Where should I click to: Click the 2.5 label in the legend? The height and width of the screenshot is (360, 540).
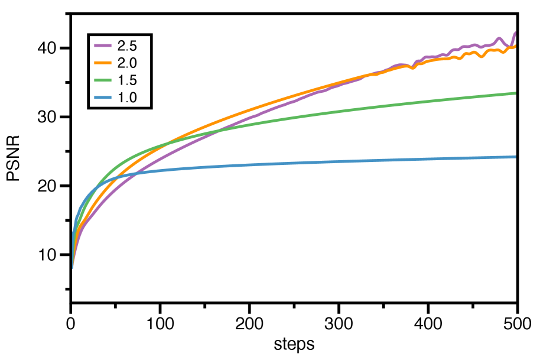coord(127,46)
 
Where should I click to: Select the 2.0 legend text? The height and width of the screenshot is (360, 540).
coord(127,63)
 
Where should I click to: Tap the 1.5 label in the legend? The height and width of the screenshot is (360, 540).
coord(127,80)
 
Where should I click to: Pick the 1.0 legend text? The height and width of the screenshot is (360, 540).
coord(127,98)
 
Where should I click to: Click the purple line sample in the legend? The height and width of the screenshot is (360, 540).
coord(103,46)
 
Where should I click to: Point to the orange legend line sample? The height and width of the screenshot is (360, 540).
coord(103,63)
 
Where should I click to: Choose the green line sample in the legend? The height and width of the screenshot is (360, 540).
coord(103,80)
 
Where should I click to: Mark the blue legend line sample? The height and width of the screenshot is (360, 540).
coord(103,98)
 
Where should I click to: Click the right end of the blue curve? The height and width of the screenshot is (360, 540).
coord(516,157)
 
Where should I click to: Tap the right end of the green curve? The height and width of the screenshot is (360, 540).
coord(516,93)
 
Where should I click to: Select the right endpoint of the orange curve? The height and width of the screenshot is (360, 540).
coord(516,46)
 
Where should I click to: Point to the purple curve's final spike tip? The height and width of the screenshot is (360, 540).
coord(515,33)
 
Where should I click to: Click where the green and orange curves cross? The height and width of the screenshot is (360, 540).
coord(168,142)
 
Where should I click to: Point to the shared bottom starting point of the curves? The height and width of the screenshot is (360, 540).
coord(73,268)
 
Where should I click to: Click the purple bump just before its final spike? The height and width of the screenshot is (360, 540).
coord(499,38)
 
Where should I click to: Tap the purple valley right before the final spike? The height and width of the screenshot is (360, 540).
coord(509,46)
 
